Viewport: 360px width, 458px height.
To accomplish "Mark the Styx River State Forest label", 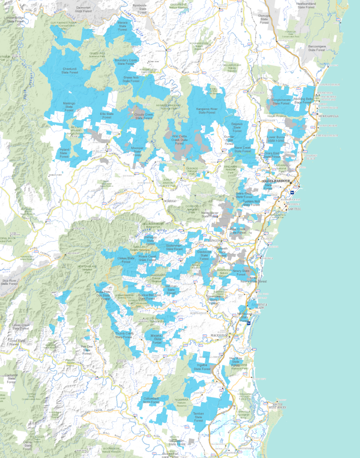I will tap(9, 282).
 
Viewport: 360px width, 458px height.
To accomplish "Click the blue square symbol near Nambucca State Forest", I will tap(249, 322).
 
